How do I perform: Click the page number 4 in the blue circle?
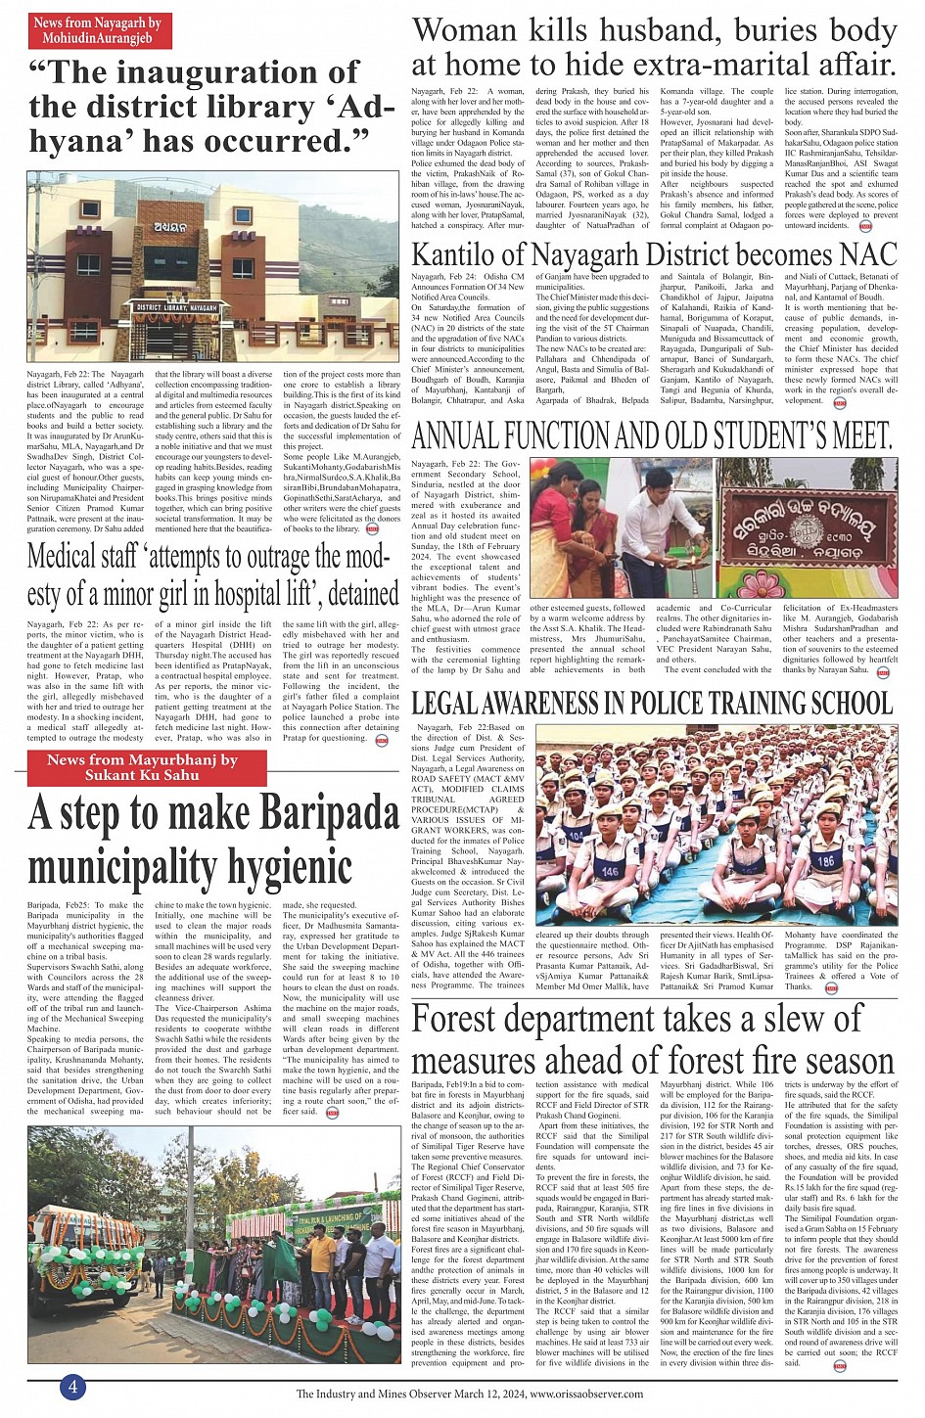(72, 1386)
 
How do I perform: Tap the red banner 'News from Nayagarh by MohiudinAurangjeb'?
(97, 30)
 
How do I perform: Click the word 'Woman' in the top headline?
(465, 31)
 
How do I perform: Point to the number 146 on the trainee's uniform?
(610, 871)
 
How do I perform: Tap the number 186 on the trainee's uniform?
(825, 861)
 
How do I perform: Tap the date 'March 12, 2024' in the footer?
(489, 1394)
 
